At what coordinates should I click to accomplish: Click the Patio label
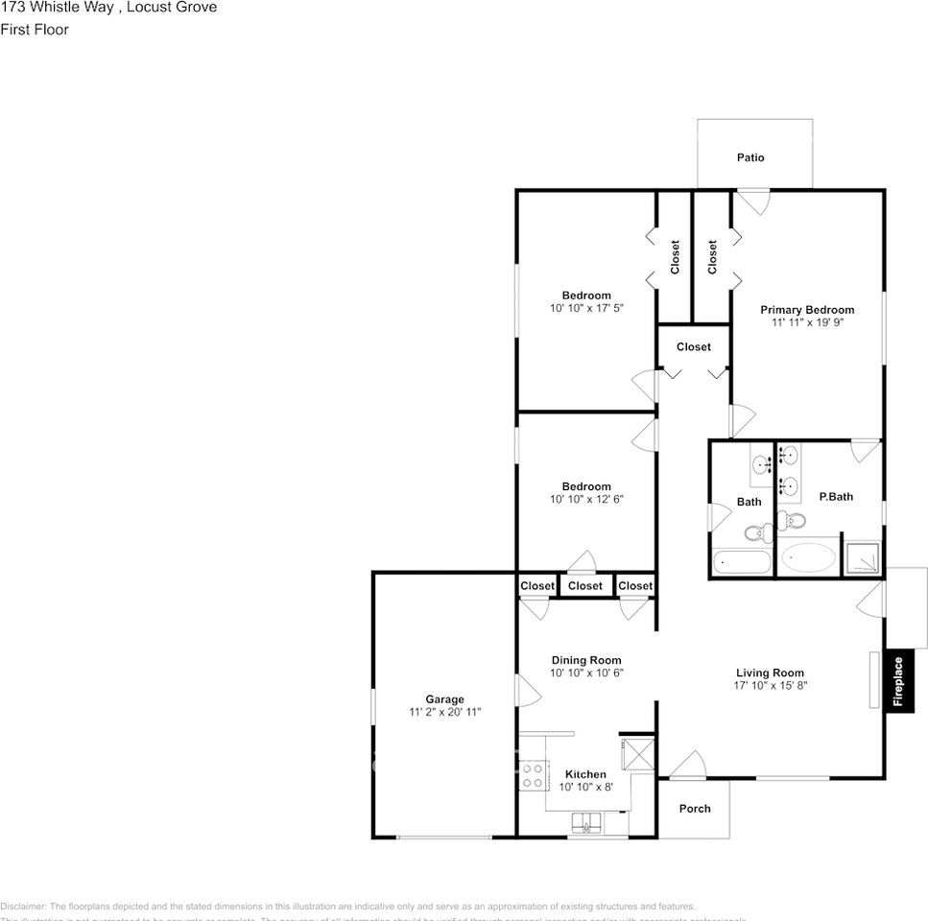(750, 157)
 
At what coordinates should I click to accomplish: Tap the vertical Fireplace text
(898, 681)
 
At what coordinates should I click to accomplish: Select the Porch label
(695, 809)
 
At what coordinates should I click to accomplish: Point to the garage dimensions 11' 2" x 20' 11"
(444, 713)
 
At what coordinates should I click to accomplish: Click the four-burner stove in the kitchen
(533, 775)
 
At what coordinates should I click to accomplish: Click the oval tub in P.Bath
(807, 558)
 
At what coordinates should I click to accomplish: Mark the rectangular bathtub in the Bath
(741, 561)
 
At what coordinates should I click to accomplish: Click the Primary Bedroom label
(807, 310)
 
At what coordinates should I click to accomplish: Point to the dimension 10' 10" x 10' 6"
(585, 673)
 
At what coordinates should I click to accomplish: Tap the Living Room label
(770, 673)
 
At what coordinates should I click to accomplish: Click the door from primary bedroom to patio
(752, 201)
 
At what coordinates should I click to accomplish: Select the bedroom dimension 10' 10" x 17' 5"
(585, 309)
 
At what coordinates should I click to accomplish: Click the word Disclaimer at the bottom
(22, 907)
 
